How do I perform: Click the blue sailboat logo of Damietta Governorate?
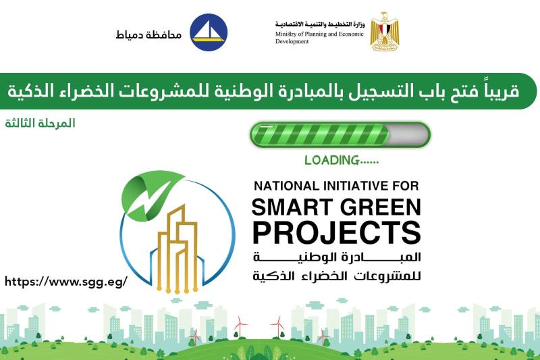pos(209,32)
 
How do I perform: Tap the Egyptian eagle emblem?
pos(384,31)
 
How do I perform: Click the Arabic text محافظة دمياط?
pos(148,34)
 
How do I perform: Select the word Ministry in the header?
pos(286,34)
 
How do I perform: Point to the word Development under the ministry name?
pos(292,41)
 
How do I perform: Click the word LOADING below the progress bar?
pos(332,160)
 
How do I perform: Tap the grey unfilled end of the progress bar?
pos(409,134)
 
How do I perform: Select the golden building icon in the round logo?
pos(178,248)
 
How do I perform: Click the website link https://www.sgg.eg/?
pos(66,282)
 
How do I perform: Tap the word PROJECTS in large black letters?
pos(336,232)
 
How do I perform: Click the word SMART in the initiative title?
pos(293,207)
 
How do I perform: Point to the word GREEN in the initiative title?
pos(381,207)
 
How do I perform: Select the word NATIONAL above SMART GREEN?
pos(287,186)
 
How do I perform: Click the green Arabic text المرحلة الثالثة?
pos(40,123)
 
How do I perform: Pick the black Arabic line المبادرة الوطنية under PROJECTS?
pos(337,257)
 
